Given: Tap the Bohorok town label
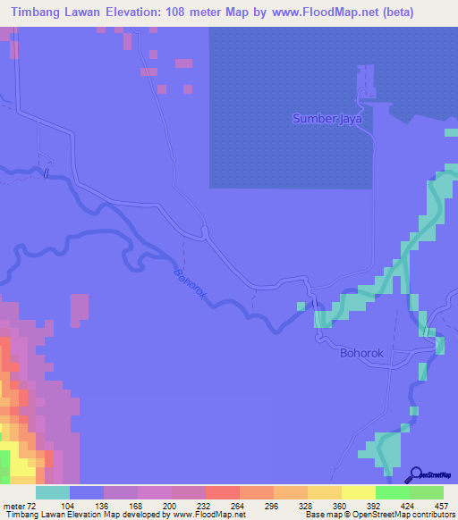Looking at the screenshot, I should [361, 354].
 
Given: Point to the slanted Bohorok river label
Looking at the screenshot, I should [191, 288].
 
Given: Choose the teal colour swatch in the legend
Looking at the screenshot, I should [53, 492].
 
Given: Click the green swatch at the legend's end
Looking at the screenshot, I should [427, 492].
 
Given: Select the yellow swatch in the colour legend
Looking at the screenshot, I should [359, 492].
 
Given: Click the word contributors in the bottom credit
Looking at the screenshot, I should [430, 515].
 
